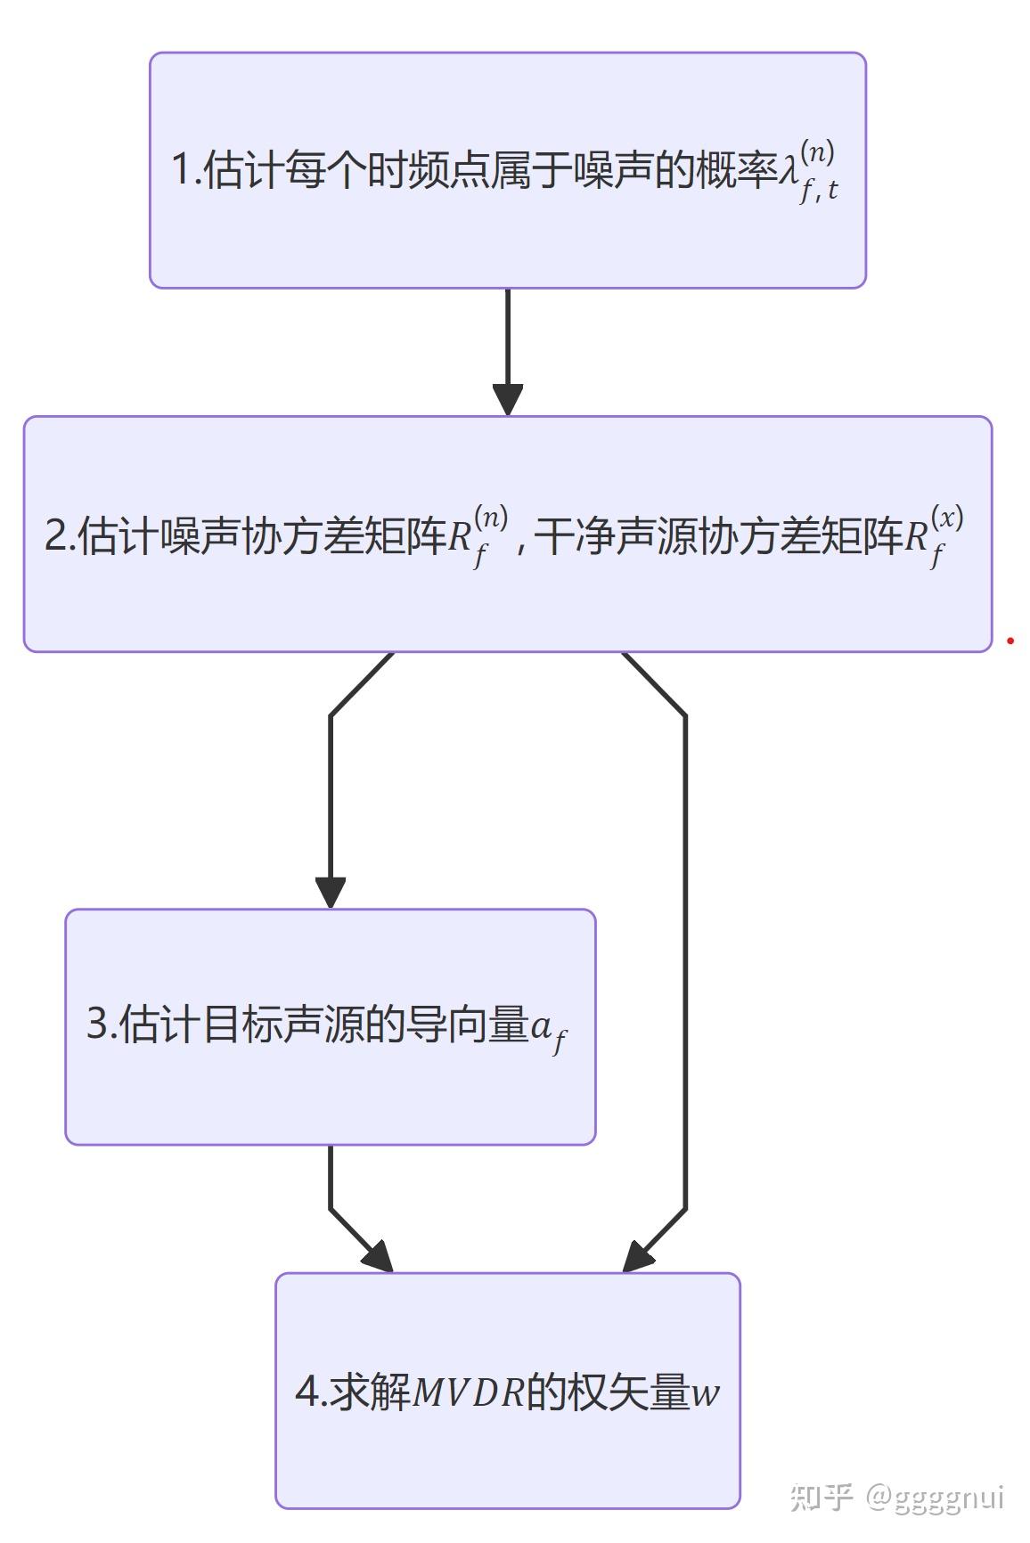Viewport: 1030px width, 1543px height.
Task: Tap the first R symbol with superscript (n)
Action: point(461,537)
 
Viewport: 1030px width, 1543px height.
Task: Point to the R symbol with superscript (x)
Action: point(918,537)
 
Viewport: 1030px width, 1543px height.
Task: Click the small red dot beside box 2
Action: point(1010,640)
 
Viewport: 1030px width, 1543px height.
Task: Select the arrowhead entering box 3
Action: point(331,892)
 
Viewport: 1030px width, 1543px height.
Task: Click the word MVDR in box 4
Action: point(469,1393)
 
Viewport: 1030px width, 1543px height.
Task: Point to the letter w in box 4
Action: point(705,1393)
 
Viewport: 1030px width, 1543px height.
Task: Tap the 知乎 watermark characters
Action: point(822,1497)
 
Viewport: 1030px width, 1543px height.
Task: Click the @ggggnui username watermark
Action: point(936,1497)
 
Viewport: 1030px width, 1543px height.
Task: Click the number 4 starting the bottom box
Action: point(307,1392)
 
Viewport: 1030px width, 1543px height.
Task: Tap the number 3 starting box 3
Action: point(96,1025)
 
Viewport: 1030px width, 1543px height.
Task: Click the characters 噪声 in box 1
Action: point(613,169)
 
